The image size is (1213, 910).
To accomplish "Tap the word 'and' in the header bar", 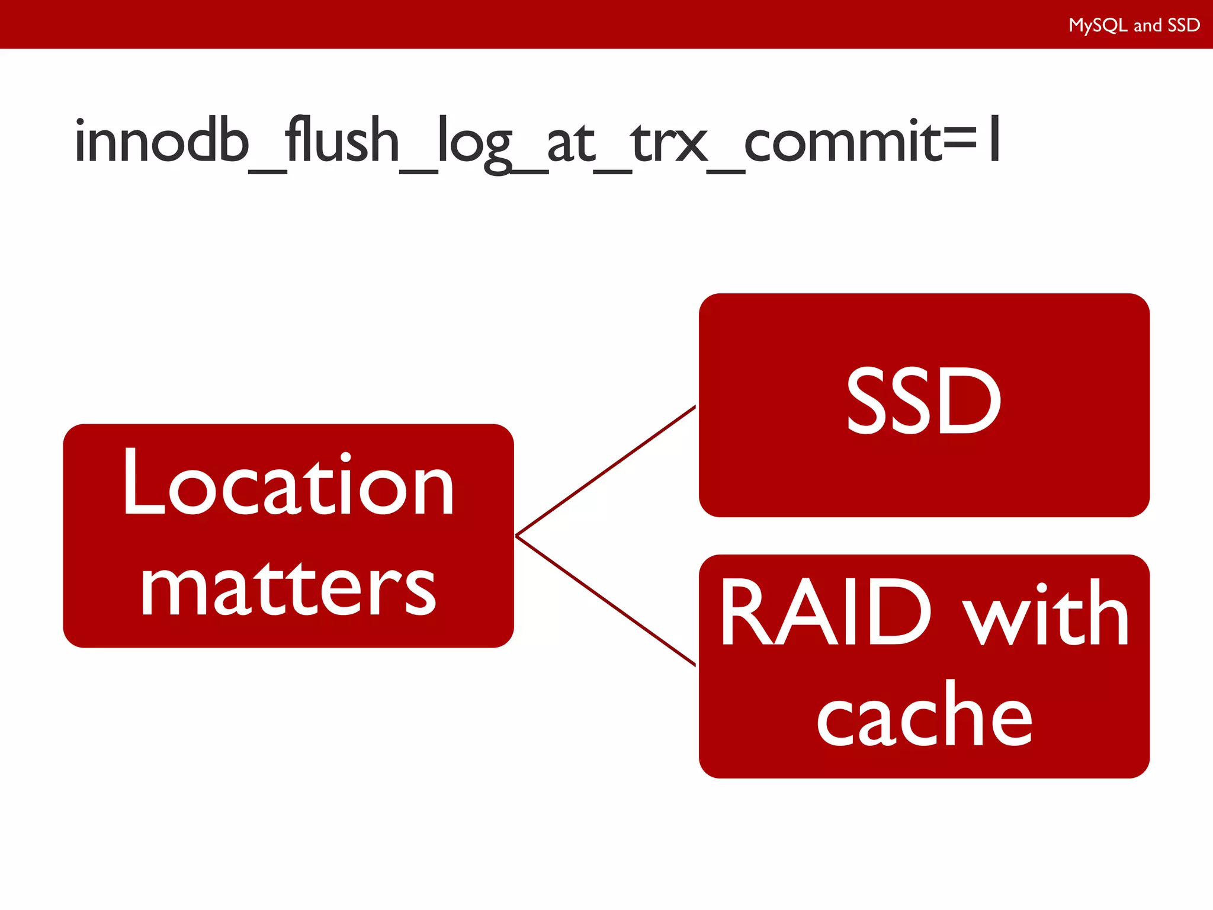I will pyautogui.click(x=1147, y=25).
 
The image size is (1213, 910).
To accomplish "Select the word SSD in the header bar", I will pyautogui.click(x=1183, y=25).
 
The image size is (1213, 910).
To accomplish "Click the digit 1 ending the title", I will pyautogui.click(x=994, y=139).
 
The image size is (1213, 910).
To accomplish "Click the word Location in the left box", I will pyautogui.click(x=288, y=483).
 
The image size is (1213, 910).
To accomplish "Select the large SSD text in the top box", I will pyautogui.click(x=923, y=400).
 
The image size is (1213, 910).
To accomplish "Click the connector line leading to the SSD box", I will pyautogui.click(x=605, y=471).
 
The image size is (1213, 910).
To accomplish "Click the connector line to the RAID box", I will pyautogui.click(x=605, y=600).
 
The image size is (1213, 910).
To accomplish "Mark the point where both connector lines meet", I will pyautogui.click(x=516, y=536).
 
